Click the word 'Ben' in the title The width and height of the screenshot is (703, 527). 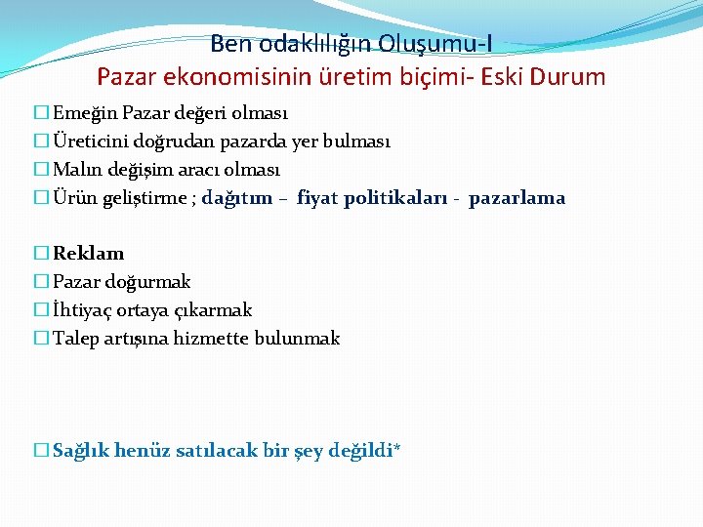[229, 44]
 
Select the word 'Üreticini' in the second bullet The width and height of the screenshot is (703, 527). [87, 142]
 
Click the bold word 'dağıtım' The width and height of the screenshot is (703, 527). [237, 198]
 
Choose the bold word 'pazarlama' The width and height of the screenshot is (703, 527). [517, 198]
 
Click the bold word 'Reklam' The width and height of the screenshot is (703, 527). [88, 254]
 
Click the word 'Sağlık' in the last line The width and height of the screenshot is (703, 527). [80, 451]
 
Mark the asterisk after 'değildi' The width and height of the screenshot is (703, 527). [396, 449]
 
